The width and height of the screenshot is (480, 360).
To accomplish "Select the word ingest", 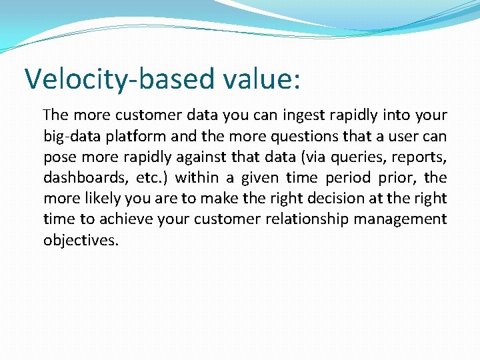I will click(x=314, y=115).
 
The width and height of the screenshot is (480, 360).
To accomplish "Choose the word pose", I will click(x=59, y=157).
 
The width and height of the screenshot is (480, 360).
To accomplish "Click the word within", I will click(x=197, y=177).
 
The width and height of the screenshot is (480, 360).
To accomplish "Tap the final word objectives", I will click(x=81, y=239).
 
